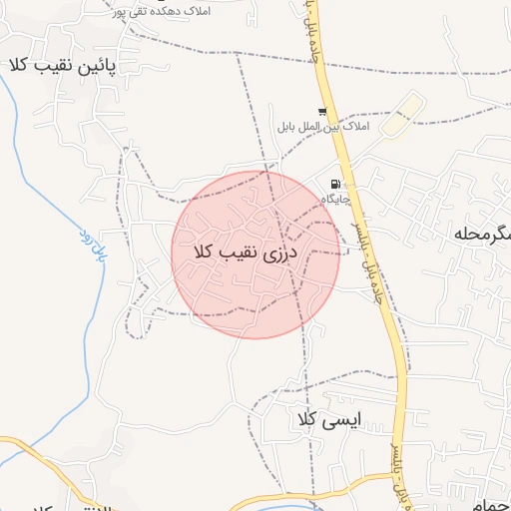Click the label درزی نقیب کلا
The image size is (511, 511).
[255, 253]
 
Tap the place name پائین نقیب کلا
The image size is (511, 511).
[62, 66]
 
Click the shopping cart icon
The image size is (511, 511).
[321, 112]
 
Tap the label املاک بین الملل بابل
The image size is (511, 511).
[321, 127]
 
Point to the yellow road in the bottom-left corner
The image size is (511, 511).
[30, 445]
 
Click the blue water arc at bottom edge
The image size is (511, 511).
[289, 507]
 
